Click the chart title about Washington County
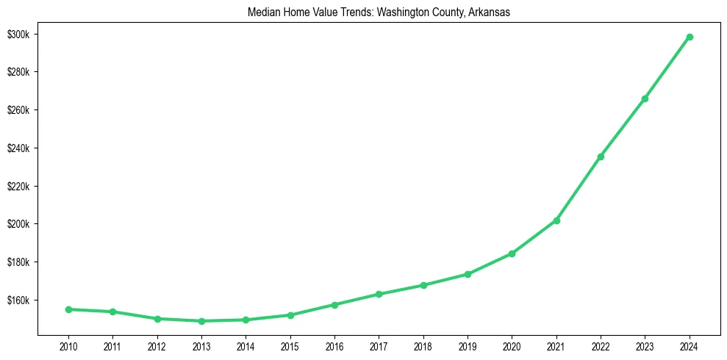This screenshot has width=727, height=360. click(x=379, y=11)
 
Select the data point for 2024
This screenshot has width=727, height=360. click(x=690, y=37)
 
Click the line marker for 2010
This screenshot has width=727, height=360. click(x=68, y=309)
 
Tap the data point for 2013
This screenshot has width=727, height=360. click(x=201, y=321)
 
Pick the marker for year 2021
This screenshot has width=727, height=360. click(x=556, y=220)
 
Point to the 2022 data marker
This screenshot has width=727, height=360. click(x=601, y=156)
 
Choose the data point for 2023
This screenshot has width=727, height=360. click(x=645, y=98)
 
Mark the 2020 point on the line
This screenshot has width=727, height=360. click(x=512, y=253)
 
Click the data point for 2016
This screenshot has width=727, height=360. click(x=334, y=304)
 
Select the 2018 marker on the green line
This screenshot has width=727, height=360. click(x=423, y=285)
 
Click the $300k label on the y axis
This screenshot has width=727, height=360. click(x=18, y=35)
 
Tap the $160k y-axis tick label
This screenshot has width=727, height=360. click(x=18, y=300)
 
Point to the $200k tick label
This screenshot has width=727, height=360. click(x=18, y=224)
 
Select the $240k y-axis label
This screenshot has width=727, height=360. click(x=18, y=148)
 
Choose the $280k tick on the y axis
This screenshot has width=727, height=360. click(x=18, y=72)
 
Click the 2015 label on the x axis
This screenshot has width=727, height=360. click(x=290, y=346)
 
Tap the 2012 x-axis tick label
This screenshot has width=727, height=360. click(x=157, y=346)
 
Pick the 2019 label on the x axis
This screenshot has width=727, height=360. click(x=468, y=346)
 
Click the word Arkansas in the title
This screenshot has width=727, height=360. click(x=488, y=11)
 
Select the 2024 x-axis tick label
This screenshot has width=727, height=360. click(x=690, y=346)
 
